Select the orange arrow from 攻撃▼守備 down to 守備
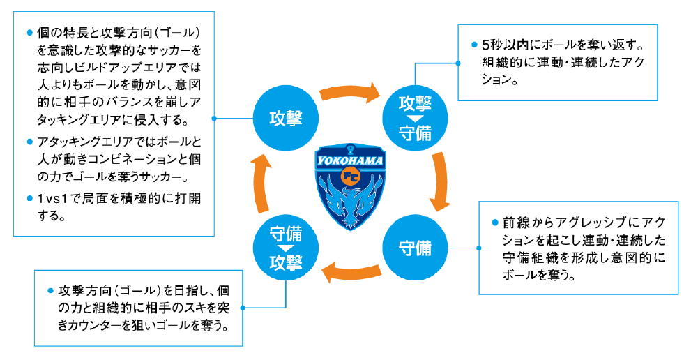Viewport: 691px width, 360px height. pyautogui.click(x=441, y=183)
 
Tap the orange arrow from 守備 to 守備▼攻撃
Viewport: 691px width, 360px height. pyautogui.click(x=350, y=271)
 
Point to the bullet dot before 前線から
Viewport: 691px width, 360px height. pyautogui.click(x=495, y=222)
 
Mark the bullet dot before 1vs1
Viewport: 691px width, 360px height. pyautogui.click(x=29, y=198)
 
